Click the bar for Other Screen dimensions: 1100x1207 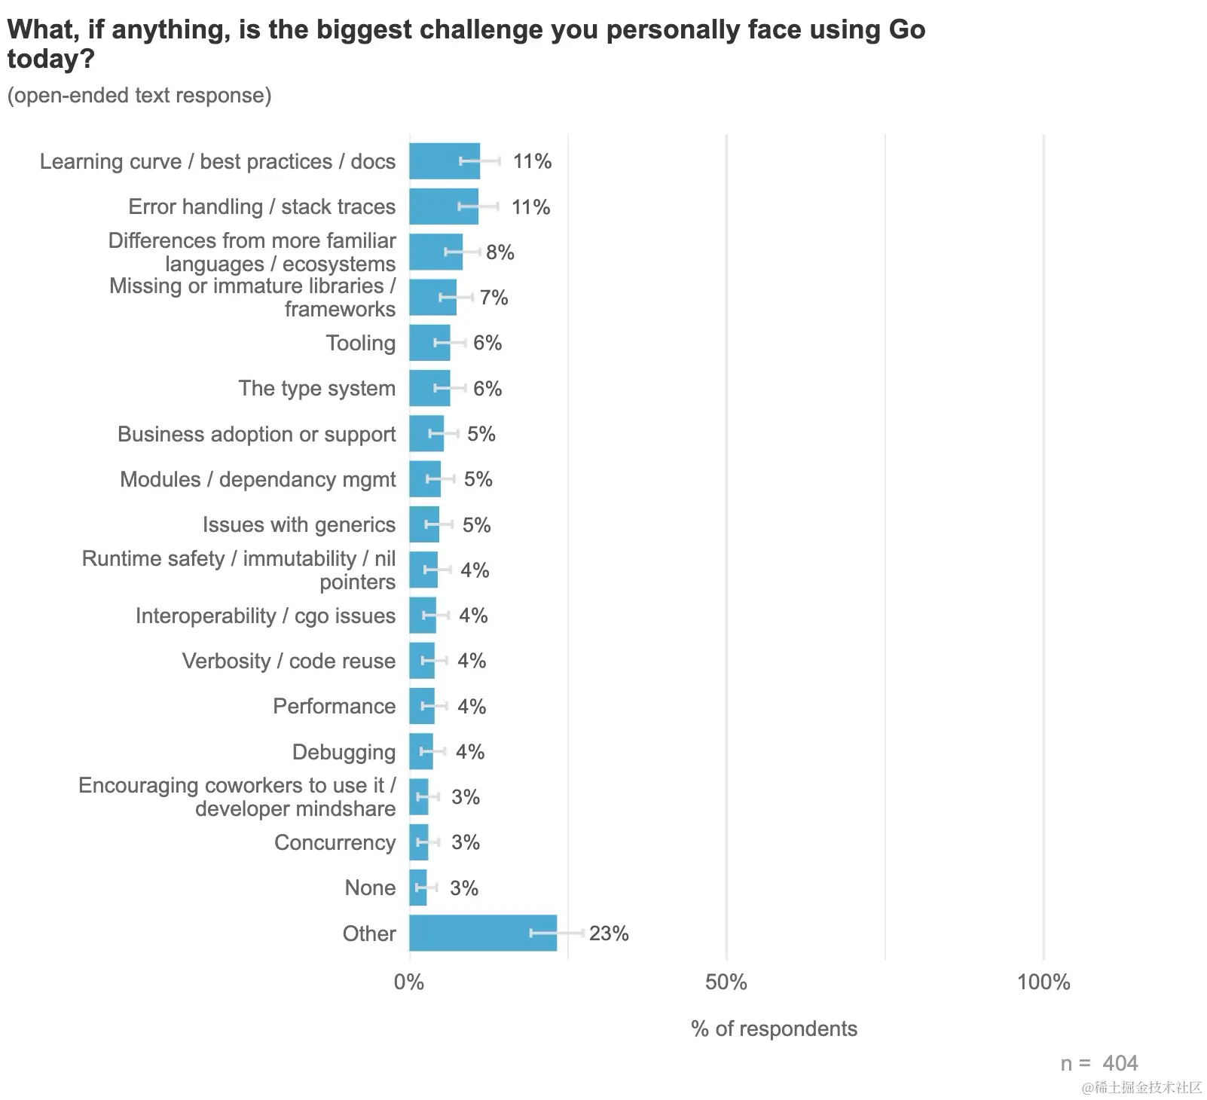tap(482, 933)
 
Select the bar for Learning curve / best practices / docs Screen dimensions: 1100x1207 tap(444, 161)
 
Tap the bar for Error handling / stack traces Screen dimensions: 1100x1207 tap(443, 206)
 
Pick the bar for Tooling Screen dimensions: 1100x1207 tap(429, 343)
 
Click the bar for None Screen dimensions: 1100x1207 tap(417, 888)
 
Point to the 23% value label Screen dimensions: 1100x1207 tap(609, 933)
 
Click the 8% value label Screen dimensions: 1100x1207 tap(500, 252)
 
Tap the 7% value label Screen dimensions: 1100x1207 tap(494, 298)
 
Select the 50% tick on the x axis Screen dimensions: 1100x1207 tap(726, 982)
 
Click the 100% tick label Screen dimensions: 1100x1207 tap(1044, 982)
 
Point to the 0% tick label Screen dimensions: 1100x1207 tap(409, 982)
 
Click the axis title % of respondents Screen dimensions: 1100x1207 tap(774, 1029)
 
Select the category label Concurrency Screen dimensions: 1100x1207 tap(335, 842)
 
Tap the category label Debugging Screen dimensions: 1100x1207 tap(344, 752)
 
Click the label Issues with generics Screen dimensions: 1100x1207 tap(299, 524)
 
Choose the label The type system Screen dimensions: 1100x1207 tap(316, 388)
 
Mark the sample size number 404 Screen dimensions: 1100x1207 tap(1120, 1063)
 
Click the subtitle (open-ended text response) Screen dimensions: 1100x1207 tap(139, 96)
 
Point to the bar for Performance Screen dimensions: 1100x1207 tap(422, 706)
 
